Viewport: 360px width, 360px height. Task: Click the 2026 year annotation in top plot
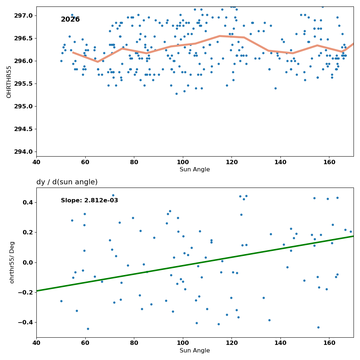tap(70, 19)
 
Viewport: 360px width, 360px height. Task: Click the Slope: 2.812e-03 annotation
tap(89, 201)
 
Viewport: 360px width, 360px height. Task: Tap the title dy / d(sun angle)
tap(67, 182)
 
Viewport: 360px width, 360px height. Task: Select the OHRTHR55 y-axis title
tap(9, 82)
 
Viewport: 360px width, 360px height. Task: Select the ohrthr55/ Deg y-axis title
tap(12, 262)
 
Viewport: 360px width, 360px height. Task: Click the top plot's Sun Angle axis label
tap(195, 170)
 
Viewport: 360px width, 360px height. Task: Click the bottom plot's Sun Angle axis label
tap(195, 351)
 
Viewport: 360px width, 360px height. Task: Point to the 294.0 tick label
tap(24, 152)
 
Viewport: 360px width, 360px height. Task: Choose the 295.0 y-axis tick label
tap(24, 106)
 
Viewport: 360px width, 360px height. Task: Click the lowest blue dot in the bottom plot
tap(88, 329)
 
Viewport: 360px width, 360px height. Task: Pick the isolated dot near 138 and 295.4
tap(275, 89)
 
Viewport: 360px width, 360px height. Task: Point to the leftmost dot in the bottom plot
tap(61, 301)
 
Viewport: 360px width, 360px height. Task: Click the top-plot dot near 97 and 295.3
tap(176, 94)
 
